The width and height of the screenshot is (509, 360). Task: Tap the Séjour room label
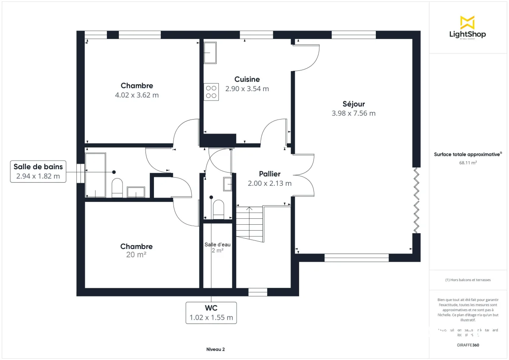click(x=353, y=104)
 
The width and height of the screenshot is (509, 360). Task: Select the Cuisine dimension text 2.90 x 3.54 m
click(x=247, y=89)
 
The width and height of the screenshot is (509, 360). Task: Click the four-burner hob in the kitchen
click(x=211, y=92)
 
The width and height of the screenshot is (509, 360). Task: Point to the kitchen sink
click(x=210, y=53)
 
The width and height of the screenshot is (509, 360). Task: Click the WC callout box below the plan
click(x=211, y=313)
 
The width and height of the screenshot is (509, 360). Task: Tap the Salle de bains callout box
click(x=38, y=171)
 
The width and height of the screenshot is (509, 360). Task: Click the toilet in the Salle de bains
click(x=117, y=188)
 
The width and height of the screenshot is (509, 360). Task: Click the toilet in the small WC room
click(x=218, y=209)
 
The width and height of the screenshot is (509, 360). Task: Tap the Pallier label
click(x=270, y=174)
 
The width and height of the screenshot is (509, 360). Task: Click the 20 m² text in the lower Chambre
click(x=136, y=255)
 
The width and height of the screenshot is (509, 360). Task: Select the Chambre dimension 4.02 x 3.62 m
click(x=137, y=95)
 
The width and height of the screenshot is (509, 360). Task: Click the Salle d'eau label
click(x=217, y=245)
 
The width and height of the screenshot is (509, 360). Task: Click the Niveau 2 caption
click(x=215, y=349)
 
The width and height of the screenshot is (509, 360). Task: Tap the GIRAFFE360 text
click(x=467, y=345)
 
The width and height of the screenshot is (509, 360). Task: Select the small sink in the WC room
click(x=227, y=184)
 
